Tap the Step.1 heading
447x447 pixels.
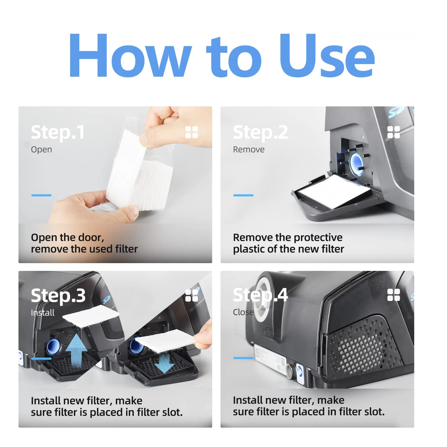tap(58, 132)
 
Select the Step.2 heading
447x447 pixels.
tap(260, 132)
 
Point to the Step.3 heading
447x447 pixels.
tap(58, 296)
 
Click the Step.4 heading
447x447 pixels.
tap(260, 295)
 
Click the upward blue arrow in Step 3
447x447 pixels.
tap(76, 350)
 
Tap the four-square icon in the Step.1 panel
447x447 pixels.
tap(192, 132)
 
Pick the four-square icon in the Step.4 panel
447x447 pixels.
tap(394, 295)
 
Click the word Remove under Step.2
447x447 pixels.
tap(249, 150)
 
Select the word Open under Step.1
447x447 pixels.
tap(41, 150)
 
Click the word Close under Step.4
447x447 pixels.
tap(243, 312)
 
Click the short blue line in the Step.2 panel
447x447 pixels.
tap(243, 195)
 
